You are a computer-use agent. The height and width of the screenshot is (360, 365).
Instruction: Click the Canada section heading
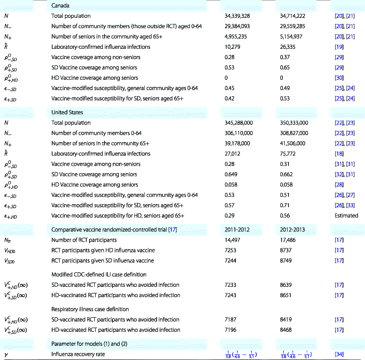click(x=60, y=6)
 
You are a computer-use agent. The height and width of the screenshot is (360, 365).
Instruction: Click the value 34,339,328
click(x=240, y=16)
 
